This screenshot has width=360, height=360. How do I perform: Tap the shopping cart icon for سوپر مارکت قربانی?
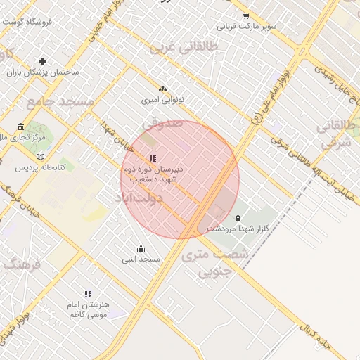click(245, 16)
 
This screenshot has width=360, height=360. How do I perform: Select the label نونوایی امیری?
click(162, 101)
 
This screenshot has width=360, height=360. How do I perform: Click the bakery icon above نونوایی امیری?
click(163, 89)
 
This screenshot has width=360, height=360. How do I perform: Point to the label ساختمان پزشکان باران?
click(43, 72)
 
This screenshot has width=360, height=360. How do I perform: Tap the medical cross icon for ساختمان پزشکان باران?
click(43, 61)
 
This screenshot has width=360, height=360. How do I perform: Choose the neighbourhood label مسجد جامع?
click(60, 103)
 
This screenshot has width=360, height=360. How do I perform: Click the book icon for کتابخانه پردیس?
click(40, 156)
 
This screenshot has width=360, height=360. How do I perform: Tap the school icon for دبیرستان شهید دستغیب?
click(153, 158)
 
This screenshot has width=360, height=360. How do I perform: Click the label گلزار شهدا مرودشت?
click(236, 229)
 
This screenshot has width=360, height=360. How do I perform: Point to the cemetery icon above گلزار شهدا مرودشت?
click(238, 218)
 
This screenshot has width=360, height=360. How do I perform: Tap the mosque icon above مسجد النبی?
click(141, 248)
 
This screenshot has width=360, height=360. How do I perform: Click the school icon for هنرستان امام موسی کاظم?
click(88, 294)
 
